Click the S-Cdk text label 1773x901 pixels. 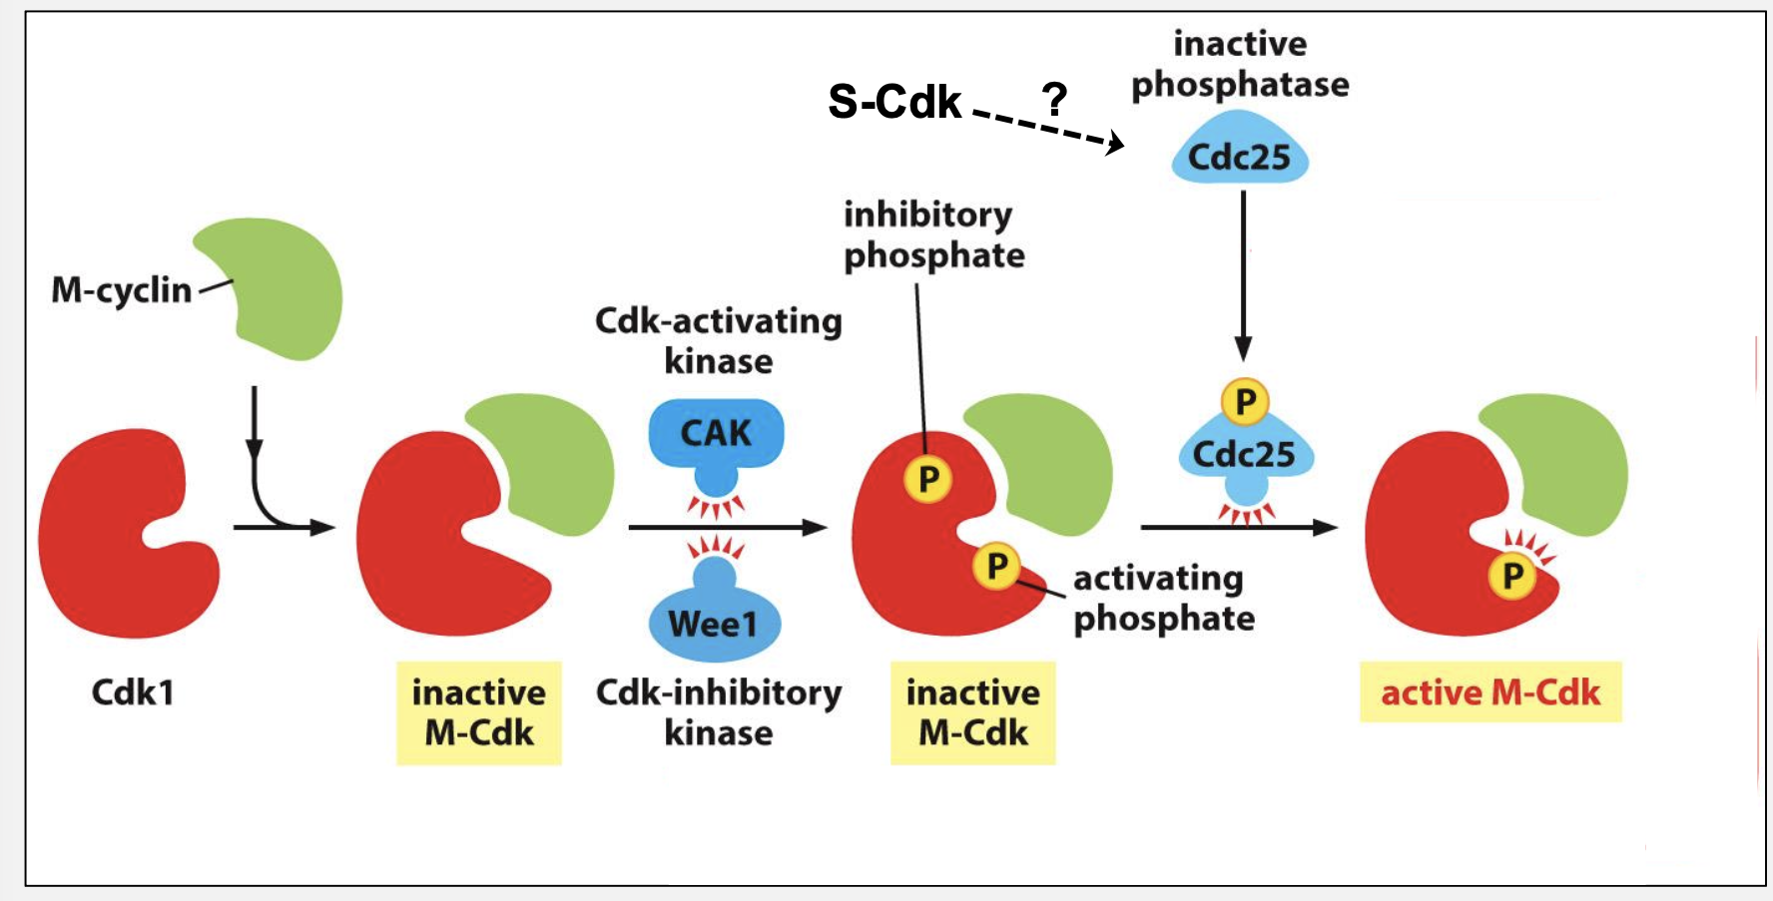point(894,102)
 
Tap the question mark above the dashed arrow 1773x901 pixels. point(1054,99)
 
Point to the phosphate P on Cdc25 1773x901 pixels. point(1245,402)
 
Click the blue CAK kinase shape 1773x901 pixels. point(716,435)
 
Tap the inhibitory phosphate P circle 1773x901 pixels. point(928,479)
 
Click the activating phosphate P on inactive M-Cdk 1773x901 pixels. point(996,566)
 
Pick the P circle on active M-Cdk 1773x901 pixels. point(1512,576)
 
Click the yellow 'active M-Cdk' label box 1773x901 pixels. point(1489,691)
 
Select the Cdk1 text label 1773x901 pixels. point(133,691)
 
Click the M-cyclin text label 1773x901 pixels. point(121,290)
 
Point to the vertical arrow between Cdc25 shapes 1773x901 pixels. point(1243,274)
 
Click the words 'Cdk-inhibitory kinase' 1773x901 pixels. point(718,711)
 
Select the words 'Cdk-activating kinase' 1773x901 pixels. point(718,340)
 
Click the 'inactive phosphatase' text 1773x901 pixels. point(1240,64)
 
